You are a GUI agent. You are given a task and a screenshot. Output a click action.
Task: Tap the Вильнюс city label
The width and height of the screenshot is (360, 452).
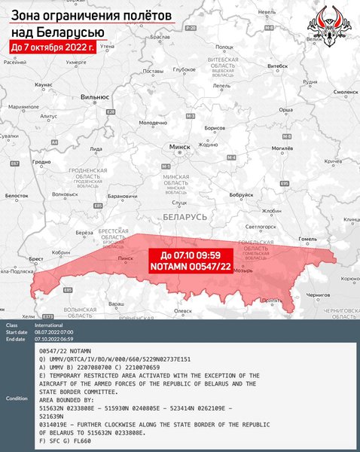95,97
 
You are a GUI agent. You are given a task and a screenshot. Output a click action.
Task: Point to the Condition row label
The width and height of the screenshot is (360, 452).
17,398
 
